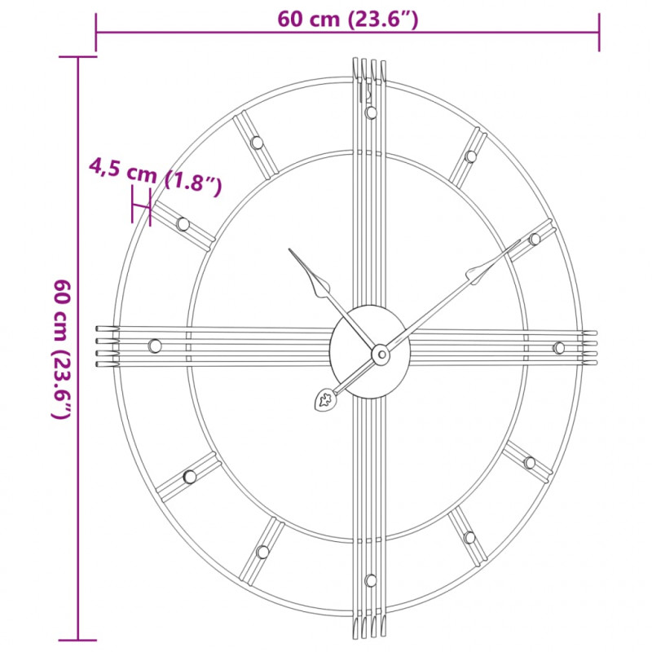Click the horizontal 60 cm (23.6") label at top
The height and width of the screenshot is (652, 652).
pyautogui.click(x=348, y=20)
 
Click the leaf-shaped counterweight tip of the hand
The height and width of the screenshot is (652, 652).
pyautogui.click(x=324, y=399)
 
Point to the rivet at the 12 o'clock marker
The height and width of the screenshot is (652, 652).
pyautogui.click(x=371, y=112)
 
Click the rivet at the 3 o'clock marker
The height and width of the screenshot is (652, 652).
pyautogui.click(x=558, y=348)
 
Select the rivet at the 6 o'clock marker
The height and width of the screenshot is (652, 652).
pyautogui.click(x=371, y=580)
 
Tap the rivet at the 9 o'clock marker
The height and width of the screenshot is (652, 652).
pyautogui.click(x=155, y=346)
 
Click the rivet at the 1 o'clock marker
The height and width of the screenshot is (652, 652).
pyautogui.click(x=470, y=156)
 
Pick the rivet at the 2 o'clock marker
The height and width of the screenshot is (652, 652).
pyautogui.click(x=535, y=239)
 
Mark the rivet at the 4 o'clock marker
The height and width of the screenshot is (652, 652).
pyautogui.click(x=530, y=463)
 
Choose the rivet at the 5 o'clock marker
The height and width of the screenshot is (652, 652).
pyautogui.click(x=469, y=537)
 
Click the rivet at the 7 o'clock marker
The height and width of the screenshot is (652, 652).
pyautogui.click(x=262, y=552)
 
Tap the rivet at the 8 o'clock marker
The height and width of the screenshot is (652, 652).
pyautogui.click(x=190, y=477)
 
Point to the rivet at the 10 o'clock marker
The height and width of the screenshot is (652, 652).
pyautogui.click(x=183, y=223)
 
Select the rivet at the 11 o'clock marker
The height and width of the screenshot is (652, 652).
pyautogui.click(x=258, y=143)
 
